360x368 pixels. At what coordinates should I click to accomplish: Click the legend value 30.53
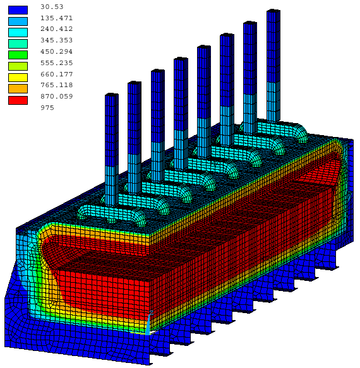click(x=52, y=7)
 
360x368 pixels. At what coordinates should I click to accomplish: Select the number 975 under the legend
click(x=47, y=108)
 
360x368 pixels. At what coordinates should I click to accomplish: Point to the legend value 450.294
click(x=56, y=52)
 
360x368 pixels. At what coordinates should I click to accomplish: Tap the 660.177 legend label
click(x=56, y=74)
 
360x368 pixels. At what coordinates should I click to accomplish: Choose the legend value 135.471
click(x=56, y=18)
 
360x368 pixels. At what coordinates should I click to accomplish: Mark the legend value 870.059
click(x=56, y=97)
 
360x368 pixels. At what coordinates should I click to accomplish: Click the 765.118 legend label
click(x=56, y=85)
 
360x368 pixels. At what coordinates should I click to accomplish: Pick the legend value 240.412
click(x=56, y=29)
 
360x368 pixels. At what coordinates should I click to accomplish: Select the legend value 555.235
click(x=56, y=63)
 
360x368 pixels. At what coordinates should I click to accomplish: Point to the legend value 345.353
click(x=56, y=40)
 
